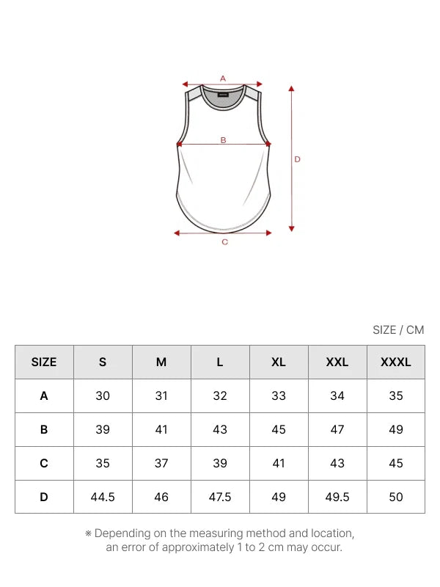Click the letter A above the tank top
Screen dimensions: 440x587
tap(223, 79)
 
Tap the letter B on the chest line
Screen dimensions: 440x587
tap(224, 140)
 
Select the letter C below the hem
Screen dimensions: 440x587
tap(225, 242)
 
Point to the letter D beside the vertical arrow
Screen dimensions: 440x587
tap(298, 159)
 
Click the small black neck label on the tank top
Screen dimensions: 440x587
tap(223, 95)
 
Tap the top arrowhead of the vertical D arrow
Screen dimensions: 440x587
tap(291, 89)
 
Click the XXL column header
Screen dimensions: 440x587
tap(337, 362)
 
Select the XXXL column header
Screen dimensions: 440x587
tap(396, 362)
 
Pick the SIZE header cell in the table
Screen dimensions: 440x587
tap(44, 362)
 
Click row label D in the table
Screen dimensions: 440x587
tap(44, 497)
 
